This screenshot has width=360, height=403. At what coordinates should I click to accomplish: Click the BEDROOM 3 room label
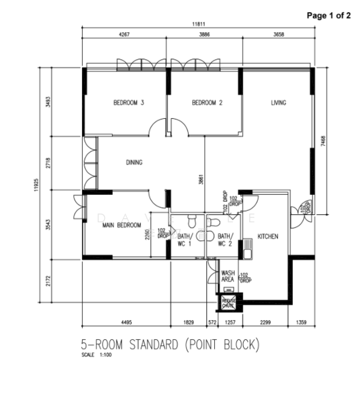(129, 103)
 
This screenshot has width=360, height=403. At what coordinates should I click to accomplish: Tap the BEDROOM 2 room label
(207, 103)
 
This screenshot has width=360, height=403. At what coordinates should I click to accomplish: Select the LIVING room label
(279, 103)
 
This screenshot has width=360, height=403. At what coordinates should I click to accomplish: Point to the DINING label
(135, 163)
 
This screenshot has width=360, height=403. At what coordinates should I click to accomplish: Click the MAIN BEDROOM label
(121, 226)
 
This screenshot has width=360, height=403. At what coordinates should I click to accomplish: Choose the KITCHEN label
(267, 237)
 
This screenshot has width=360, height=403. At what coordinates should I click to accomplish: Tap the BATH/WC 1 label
(184, 240)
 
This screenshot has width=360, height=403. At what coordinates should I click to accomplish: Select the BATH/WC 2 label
(225, 240)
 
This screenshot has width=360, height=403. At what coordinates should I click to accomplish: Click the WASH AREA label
(228, 276)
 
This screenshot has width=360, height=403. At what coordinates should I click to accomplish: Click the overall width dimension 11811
(197, 24)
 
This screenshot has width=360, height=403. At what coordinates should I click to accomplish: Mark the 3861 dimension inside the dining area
(200, 180)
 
